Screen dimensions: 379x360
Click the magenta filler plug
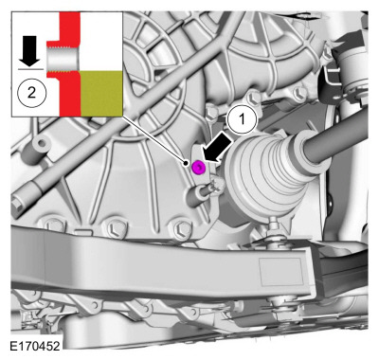click(x=198, y=167)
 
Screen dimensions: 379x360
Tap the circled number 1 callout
click(x=243, y=119)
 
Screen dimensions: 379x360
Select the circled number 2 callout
click(x=31, y=94)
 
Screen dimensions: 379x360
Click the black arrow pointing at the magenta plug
click(x=217, y=148)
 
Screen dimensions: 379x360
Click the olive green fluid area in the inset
click(x=101, y=93)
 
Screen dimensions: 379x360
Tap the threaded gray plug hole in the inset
click(x=63, y=59)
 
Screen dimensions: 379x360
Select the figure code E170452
click(x=35, y=346)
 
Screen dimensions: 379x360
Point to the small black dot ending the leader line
click(x=187, y=163)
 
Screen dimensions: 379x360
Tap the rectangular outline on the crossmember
click(x=280, y=271)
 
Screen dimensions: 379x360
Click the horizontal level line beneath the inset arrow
click(x=30, y=68)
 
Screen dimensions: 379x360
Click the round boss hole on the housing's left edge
click(x=40, y=144)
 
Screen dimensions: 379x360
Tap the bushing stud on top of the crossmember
click(x=272, y=228)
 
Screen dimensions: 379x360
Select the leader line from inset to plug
click(x=154, y=140)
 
